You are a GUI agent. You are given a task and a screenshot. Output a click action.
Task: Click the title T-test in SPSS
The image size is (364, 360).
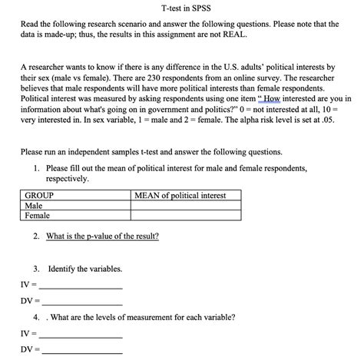point(181,8)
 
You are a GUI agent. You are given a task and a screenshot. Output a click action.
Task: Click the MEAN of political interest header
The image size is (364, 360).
point(180,196)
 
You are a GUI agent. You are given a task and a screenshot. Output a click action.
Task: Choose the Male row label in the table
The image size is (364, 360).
point(34,206)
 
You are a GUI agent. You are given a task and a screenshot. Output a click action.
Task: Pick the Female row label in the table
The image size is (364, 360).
point(38,216)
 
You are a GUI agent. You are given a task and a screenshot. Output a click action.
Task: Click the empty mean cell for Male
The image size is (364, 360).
point(186,206)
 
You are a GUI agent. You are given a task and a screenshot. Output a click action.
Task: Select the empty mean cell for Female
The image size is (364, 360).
point(186,216)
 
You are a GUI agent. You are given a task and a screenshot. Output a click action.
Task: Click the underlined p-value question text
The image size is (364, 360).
point(102,236)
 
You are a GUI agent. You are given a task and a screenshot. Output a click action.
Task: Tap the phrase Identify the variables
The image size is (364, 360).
point(84,269)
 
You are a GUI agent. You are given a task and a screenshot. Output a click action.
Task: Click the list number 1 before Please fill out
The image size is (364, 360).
point(37,167)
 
